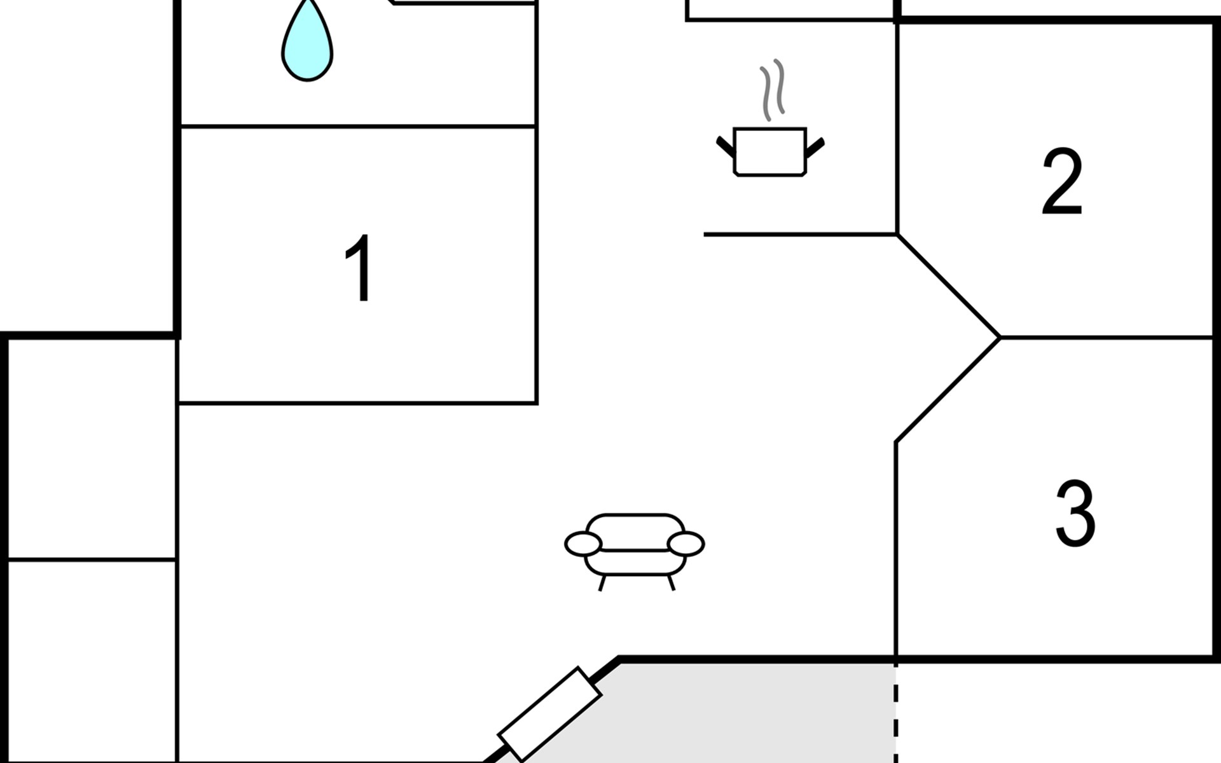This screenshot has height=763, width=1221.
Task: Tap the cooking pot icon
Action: [769, 151]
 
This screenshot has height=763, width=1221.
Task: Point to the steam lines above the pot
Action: [772, 89]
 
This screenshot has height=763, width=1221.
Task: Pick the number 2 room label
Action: [1062, 182]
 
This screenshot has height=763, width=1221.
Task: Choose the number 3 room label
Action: [1075, 514]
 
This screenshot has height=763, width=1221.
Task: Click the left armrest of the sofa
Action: [583, 544]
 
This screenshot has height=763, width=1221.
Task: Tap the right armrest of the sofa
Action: [686, 544]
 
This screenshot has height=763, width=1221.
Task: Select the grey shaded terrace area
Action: [731, 712]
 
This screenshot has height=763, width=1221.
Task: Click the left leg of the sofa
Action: [602, 583]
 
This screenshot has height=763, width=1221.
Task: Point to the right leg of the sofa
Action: [671, 583]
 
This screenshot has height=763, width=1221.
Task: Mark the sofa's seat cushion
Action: [635, 561]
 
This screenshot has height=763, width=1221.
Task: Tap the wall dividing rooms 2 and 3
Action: [1107, 337]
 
